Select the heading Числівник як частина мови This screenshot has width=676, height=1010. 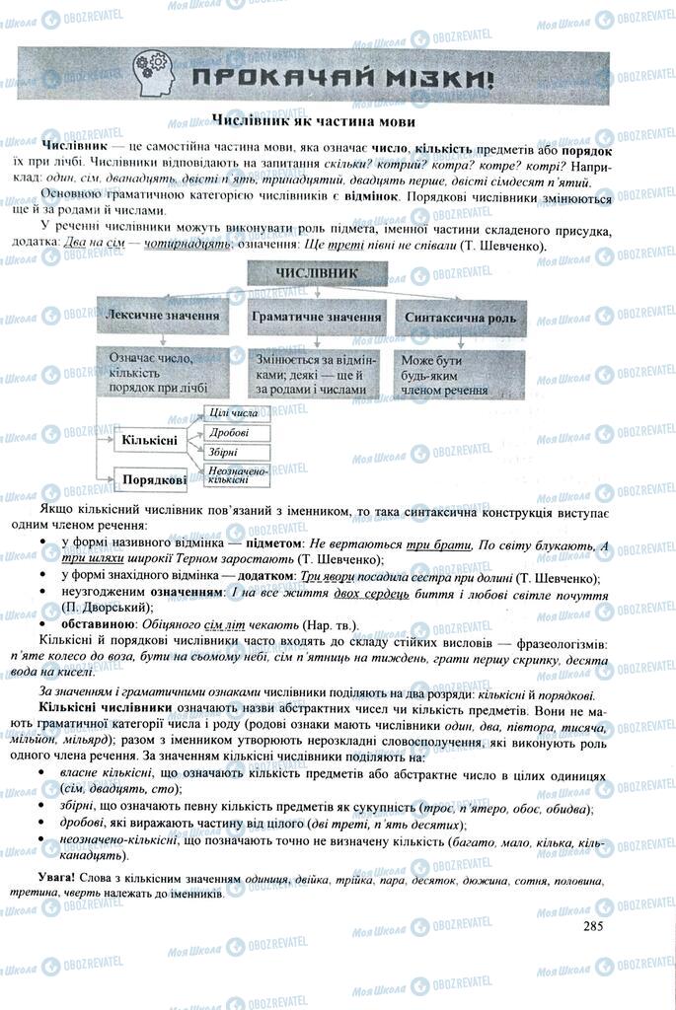click(313, 119)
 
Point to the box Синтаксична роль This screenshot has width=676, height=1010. click(462, 318)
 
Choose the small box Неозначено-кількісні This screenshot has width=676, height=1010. click(237, 474)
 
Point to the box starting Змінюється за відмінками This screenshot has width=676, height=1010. click(310, 375)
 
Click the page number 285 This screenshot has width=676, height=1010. click(592, 924)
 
